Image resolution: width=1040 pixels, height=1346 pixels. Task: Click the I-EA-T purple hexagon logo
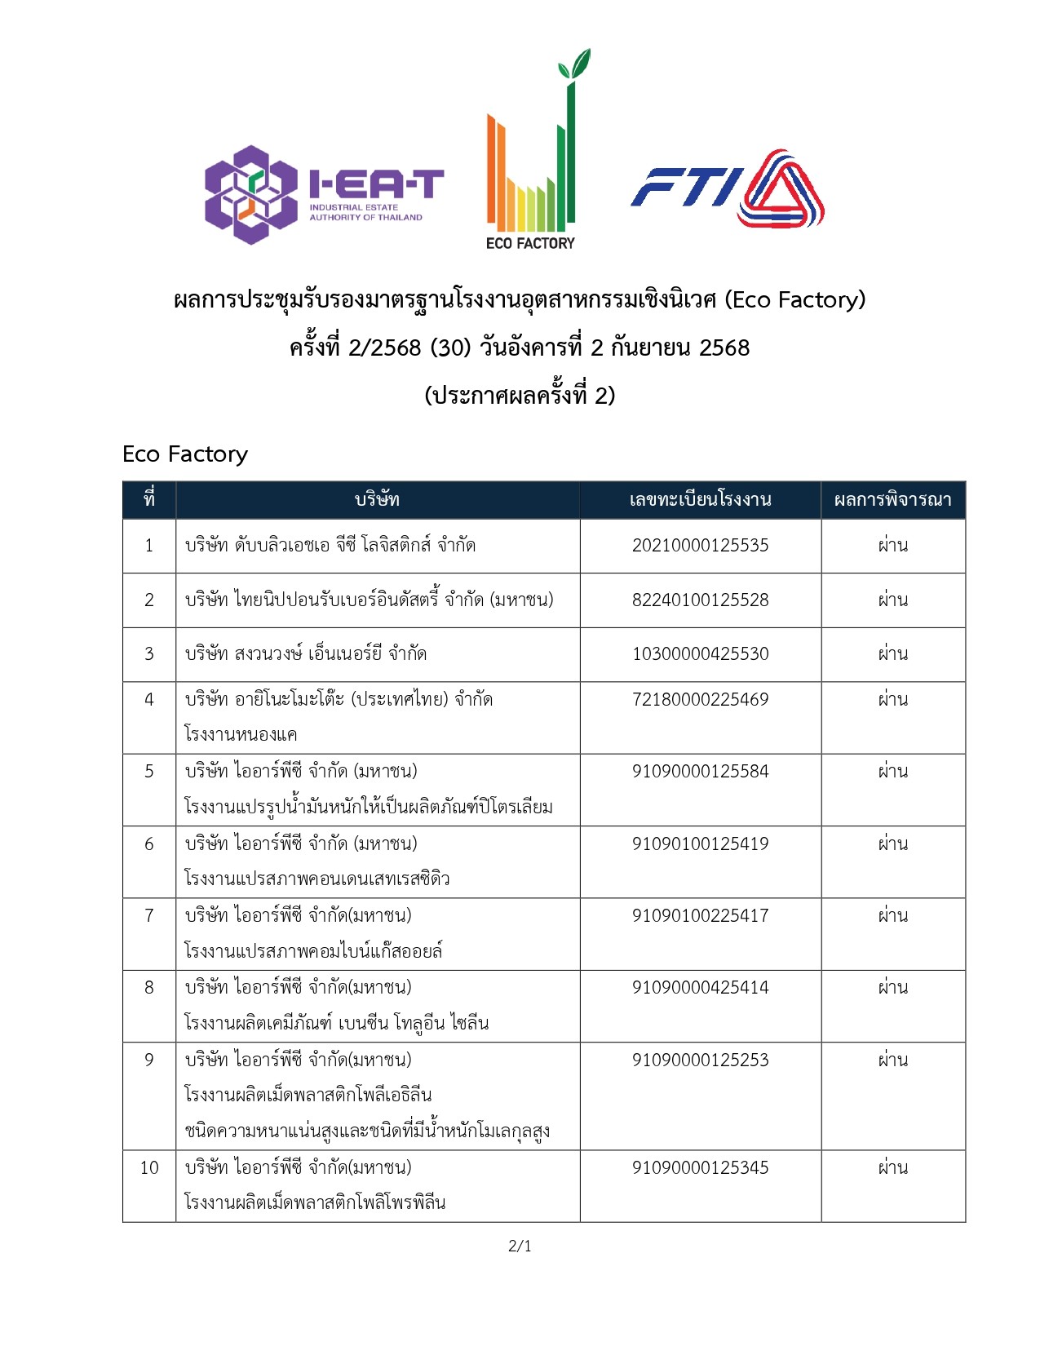pyautogui.click(x=250, y=195)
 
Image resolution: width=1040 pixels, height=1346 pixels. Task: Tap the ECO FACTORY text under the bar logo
pyautogui.click(x=530, y=243)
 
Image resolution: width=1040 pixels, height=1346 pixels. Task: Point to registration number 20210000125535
pyautogui.click(x=700, y=546)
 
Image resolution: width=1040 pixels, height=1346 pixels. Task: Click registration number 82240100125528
pyautogui.click(x=700, y=600)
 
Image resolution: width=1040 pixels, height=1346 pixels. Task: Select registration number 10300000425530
pyautogui.click(x=700, y=654)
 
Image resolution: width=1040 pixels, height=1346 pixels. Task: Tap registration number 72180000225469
pyautogui.click(x=700, y=700)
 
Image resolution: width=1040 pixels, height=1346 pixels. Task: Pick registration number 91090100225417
pyautogui.click(x=700, y=916)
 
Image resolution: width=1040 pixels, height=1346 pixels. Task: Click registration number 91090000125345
pyautogui.click(x=700, y=1168)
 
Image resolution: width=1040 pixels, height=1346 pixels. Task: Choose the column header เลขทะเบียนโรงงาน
pyautogui.click(x=700, y=500)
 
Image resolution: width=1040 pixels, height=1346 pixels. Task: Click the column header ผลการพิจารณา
pyautogui.click(x=892, y=500)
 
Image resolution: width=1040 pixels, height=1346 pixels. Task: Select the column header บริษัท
pyautogui.click(x=377, y=500)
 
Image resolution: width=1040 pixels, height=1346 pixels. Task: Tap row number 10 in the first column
pyautogui.click(x=149, y=1168)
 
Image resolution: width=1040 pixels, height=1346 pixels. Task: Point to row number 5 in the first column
pyautogui.click(x=149, y=772)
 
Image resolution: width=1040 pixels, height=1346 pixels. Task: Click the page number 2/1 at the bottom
pyautogui.click(x=520, y=1246)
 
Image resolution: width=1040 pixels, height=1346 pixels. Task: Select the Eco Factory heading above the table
pyautogui.click(x=185, y=454)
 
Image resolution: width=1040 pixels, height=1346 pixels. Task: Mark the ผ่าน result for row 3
pyautogui.click(x=892, y=654)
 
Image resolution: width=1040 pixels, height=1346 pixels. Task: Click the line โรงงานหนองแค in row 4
pyautogui.click(x=241, y=734)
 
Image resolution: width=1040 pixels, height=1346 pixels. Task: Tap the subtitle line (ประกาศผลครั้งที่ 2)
pyautogui.click(x=520, y=396)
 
